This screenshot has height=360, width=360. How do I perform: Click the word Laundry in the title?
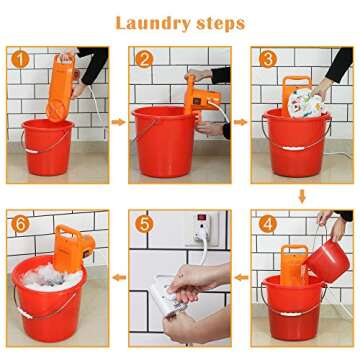coord(146,22)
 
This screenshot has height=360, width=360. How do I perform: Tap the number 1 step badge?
coord(19,59)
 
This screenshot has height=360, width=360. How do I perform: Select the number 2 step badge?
coord(145,59)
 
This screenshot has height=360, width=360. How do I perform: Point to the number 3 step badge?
coord(267,59)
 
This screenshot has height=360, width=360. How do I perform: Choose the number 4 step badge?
coord(267,222)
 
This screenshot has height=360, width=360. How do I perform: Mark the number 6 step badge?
coord(19,222)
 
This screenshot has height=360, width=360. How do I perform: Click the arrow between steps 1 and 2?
coord(117,122)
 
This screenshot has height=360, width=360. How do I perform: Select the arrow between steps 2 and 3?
coord(241,122)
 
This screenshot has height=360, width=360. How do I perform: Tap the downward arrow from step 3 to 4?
coord(299,198)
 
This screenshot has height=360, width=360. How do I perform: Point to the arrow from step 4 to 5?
coord(241,280)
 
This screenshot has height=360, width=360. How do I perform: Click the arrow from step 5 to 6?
coord(117,280)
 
